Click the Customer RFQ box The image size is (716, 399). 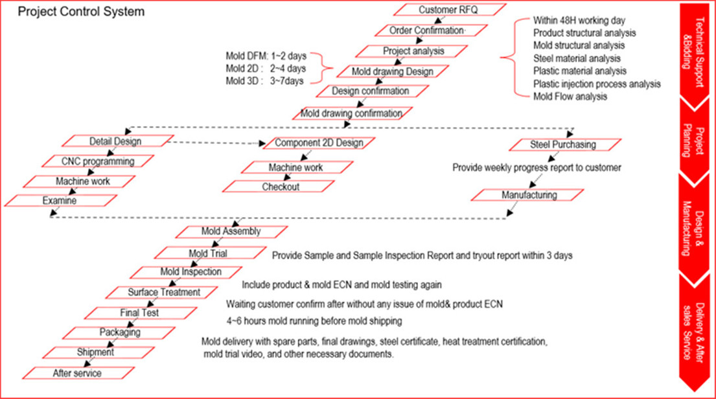coord(450,10)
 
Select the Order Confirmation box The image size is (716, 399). coord(431,30)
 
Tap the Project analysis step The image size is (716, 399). coord(411,51)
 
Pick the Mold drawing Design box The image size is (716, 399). coord(393,72)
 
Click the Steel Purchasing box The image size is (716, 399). coord(565,144)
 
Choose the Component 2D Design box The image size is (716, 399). coord(319,143)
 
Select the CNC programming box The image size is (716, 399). coord(98,161)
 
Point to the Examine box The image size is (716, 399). coord(61,201)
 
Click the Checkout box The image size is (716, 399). coord(279,187)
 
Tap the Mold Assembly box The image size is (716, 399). coord(231,232)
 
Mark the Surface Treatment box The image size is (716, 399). coord(161,293)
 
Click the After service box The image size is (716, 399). coord(78,374)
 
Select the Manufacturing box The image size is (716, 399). coord(527,195)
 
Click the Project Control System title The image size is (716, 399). coord(81,12)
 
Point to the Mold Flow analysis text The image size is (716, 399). coord(570,97)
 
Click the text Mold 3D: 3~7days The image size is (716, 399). coord(265,81)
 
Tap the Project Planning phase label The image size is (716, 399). coord(693,141)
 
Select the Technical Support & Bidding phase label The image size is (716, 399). coord(693,52)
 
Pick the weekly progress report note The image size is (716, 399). coord(537,168)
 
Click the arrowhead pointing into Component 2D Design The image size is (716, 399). coord(262,144)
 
